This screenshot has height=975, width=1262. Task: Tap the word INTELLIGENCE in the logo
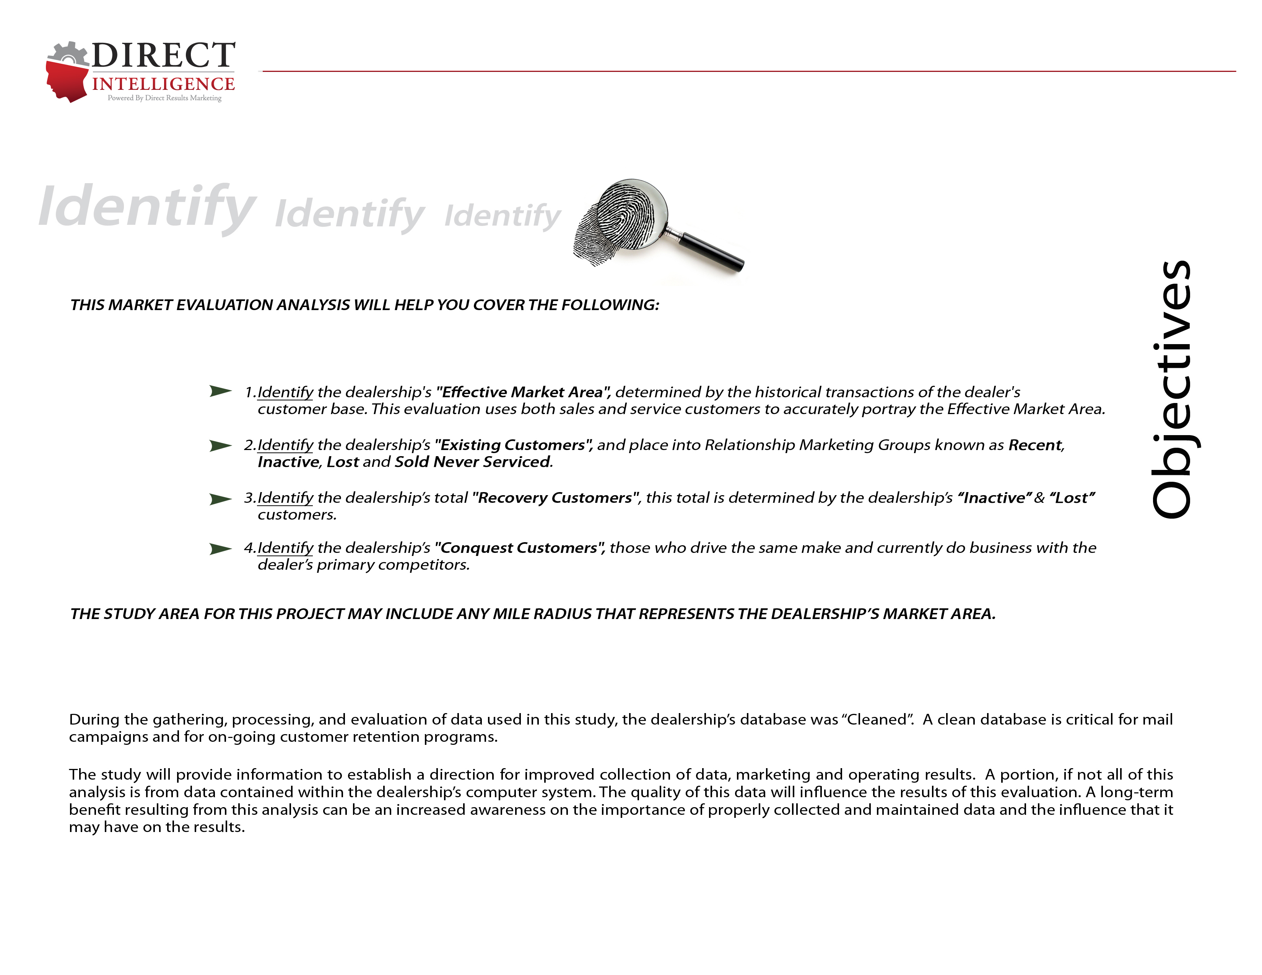point(164,84)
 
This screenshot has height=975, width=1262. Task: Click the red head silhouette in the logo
point(67,81)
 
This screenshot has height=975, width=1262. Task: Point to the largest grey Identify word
point(147,207)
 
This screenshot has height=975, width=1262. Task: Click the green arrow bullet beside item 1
point(220,391)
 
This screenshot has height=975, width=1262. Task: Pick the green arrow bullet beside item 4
point(220,548)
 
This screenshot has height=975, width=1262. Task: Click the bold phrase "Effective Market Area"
point(523,392)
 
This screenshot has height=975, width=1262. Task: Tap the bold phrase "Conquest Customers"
point(519,548)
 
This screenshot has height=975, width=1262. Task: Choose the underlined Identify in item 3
point(285,498)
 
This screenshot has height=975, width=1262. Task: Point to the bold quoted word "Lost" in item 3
point(1072,498)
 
